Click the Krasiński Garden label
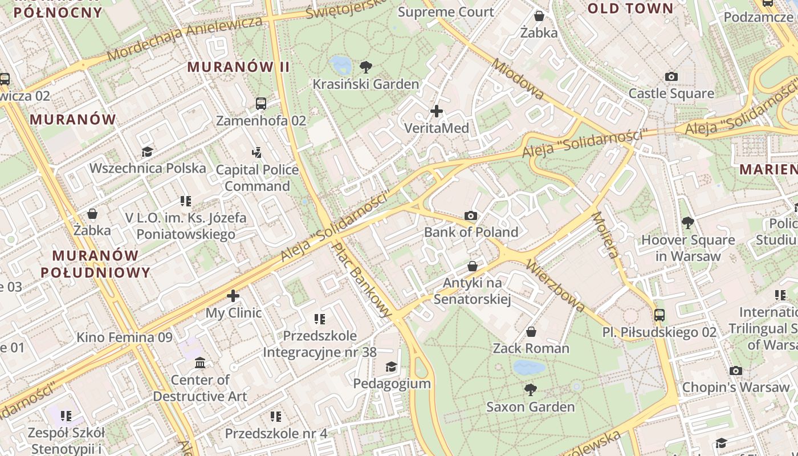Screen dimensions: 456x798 365,84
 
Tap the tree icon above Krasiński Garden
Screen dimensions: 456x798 366,67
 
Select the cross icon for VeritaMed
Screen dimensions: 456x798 437,111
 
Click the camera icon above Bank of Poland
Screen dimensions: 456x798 471,215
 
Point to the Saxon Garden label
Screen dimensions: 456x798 530,407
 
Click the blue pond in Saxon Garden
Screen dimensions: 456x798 529,368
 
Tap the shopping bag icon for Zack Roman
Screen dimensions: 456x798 531,332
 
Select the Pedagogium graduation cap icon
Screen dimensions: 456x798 391,367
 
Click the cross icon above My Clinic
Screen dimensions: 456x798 233,296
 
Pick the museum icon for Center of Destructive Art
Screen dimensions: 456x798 200,363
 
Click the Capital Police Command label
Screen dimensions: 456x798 257,178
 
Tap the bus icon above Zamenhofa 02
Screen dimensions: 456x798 261,104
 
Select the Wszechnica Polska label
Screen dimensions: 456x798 148,168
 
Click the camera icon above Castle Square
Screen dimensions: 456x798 671,77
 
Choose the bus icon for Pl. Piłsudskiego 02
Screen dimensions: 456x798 659,315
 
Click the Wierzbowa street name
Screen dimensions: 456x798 555,286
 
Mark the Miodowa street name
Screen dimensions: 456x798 519,79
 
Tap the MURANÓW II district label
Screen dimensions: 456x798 238,67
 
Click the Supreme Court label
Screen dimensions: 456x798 446,12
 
